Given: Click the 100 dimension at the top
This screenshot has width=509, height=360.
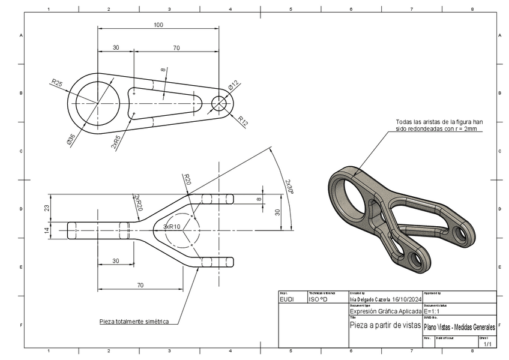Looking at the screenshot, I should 158,25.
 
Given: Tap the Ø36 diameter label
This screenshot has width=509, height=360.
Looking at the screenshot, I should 70,140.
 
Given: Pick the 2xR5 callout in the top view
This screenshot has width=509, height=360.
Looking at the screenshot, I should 115,142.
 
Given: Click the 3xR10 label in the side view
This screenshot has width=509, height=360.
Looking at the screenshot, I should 172,227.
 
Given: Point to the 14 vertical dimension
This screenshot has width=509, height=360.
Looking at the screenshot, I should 47,230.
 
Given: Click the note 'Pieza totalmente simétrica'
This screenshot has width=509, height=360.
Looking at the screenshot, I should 134,322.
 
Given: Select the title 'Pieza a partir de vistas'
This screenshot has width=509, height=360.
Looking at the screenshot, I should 385,325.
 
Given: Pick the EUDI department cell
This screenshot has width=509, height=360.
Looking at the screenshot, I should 287,298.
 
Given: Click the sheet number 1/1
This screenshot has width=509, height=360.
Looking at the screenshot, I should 487,344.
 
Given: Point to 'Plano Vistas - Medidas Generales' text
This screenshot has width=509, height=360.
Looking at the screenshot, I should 459,327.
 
